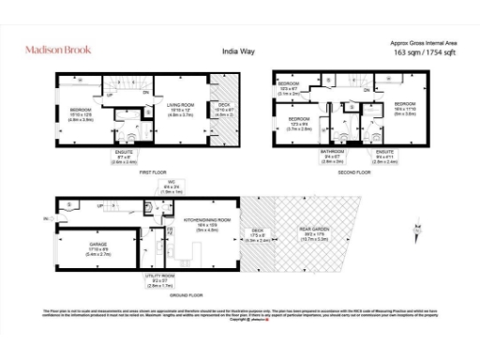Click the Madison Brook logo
tap(57, 48)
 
